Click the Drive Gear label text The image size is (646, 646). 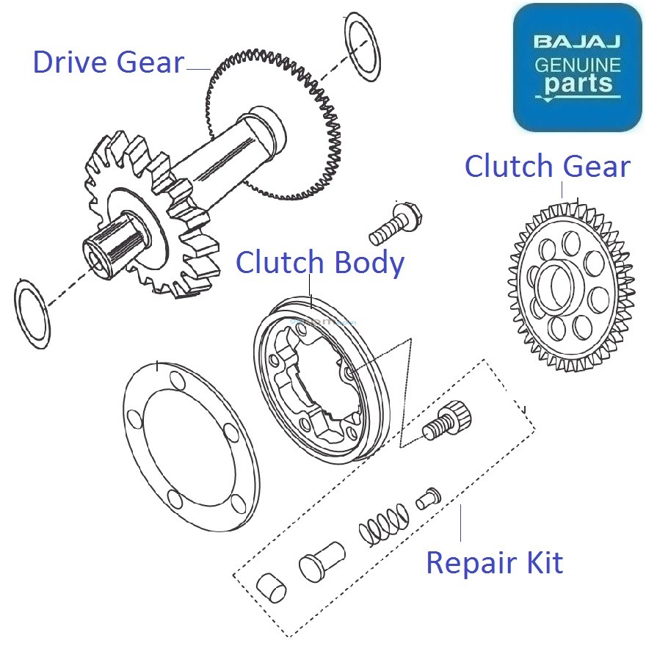pyautogui.click(x=108, y=62)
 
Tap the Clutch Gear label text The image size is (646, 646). pyautogui.click(x=547, y=167)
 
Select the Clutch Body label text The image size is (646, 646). pyautogui.click(x=319, y=263)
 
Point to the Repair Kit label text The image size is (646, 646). pyautogui.click(x=494, y=563)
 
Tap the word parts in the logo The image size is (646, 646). pyautogui.click(x=578, y=82)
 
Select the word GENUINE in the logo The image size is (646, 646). pyautogui.click(x=577, y=64)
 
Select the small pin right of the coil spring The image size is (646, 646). pyautogui.click(x=427, y=499)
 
